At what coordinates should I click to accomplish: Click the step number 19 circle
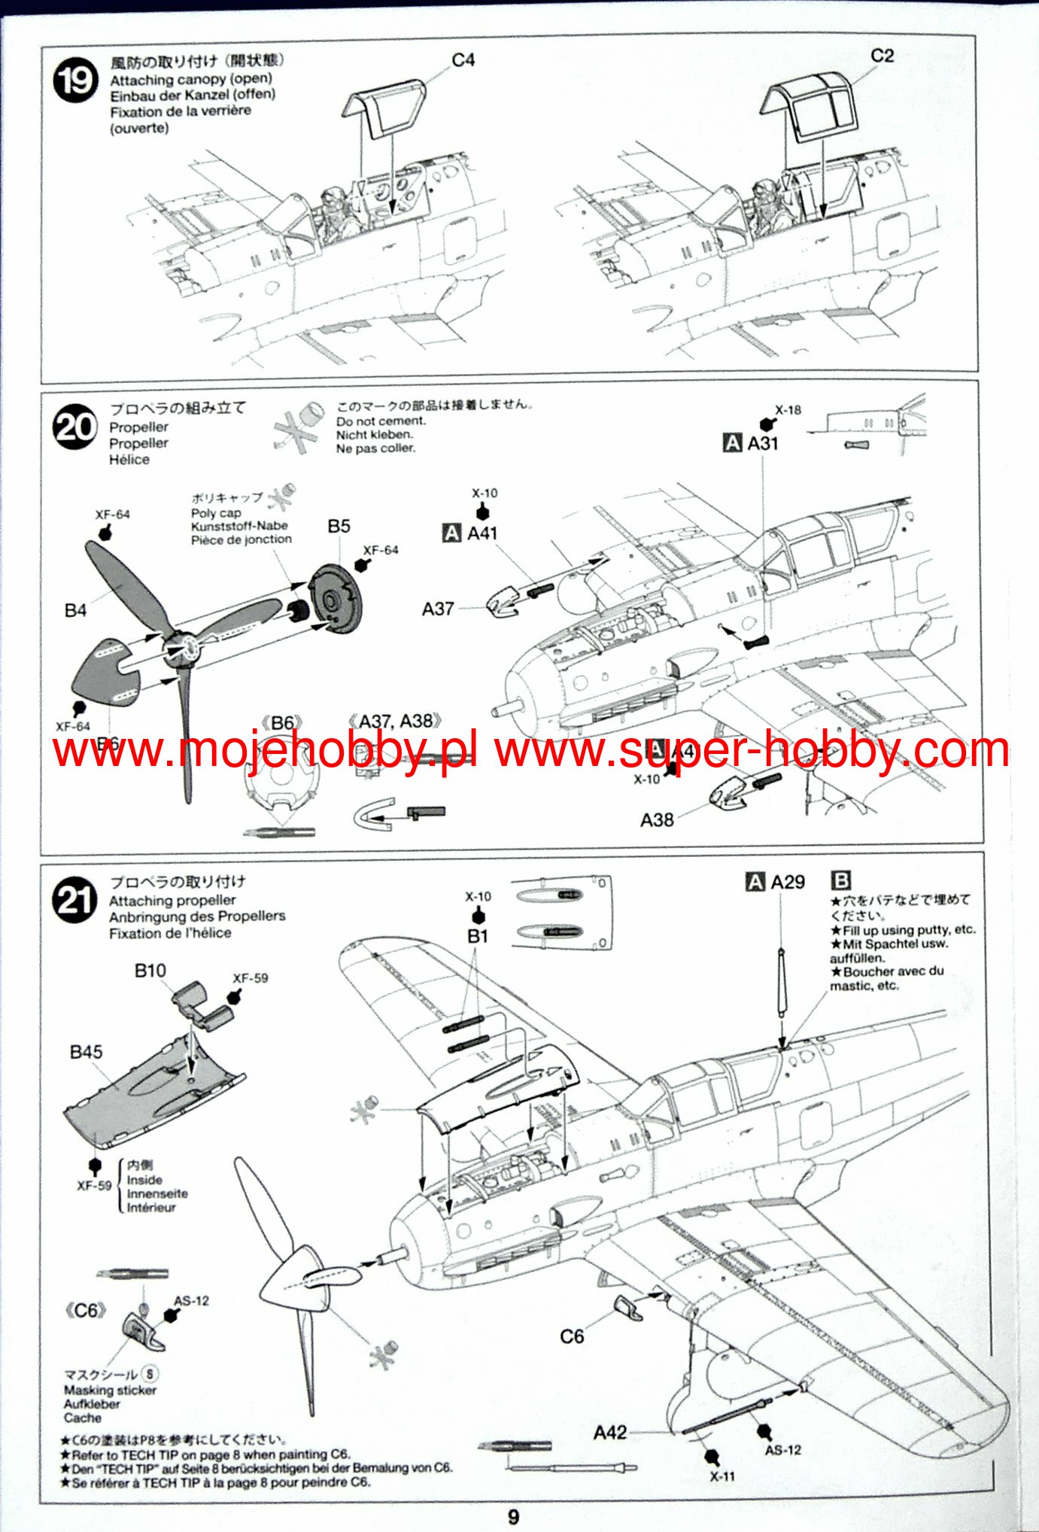point(75,81)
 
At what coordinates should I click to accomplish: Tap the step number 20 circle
point(74,427)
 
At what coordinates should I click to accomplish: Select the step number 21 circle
point(74,900)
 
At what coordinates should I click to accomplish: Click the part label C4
point(463,60)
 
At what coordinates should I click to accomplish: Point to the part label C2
point(882,56)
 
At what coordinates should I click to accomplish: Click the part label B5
point(339,526)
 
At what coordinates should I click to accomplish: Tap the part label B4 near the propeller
point(75,610)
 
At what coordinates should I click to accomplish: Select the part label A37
point(438,609)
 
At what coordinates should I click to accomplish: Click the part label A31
point(762,443)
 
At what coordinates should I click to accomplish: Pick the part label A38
point(657,820)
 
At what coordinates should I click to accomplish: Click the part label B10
point(150,971)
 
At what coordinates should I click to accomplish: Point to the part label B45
point(86,1052)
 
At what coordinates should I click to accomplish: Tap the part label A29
point(787,882)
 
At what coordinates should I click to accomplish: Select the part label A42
point(609,1433)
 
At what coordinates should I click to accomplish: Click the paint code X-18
point(788,410)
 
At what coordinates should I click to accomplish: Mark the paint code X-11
point(722,1476)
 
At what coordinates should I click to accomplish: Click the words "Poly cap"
point(216,512)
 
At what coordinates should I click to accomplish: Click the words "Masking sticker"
point(110,1391)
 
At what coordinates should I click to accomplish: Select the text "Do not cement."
point(381,421)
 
